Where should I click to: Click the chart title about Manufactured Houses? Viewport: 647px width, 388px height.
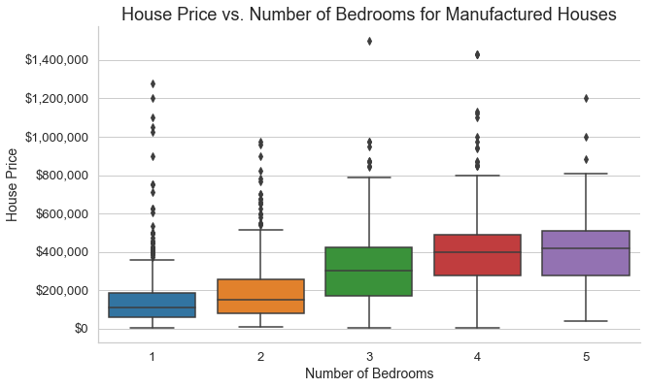pos(369,15)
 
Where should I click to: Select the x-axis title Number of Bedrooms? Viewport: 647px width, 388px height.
pos(369,373)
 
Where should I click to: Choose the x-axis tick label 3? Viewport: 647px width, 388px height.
pos(369,356)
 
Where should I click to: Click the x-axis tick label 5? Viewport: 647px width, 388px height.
pos(586,356)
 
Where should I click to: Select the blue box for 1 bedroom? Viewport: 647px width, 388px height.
pos(153,305)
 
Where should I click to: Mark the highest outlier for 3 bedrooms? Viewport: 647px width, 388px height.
pos(369,41)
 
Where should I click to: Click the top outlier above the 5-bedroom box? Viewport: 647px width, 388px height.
pos(586,98)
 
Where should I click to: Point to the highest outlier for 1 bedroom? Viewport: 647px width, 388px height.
pos(153,83)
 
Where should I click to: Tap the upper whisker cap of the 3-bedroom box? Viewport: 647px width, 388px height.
pos(369,178)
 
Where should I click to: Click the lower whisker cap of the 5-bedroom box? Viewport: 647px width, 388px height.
pos(586,321)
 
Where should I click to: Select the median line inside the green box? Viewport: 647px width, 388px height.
pos(369,271)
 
